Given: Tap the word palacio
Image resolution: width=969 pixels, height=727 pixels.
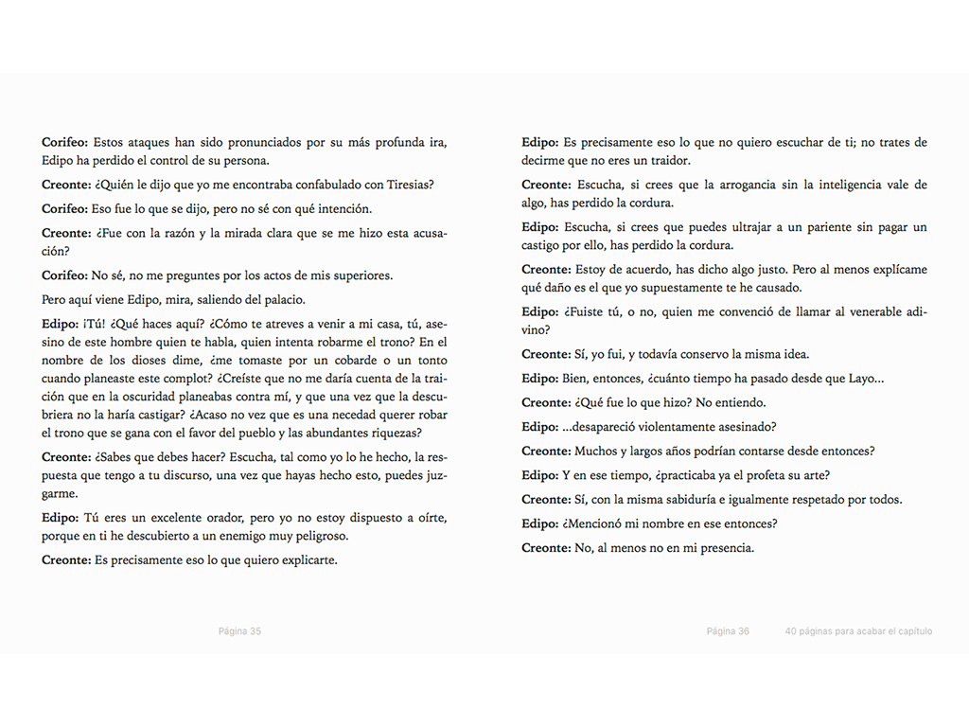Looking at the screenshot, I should (279, 300).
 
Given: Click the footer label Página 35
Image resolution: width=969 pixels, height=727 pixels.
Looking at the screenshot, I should (239, 631).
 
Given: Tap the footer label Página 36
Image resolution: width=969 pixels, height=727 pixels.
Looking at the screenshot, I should (728, 631).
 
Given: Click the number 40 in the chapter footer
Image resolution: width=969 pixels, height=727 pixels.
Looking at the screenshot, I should (791, 631).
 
